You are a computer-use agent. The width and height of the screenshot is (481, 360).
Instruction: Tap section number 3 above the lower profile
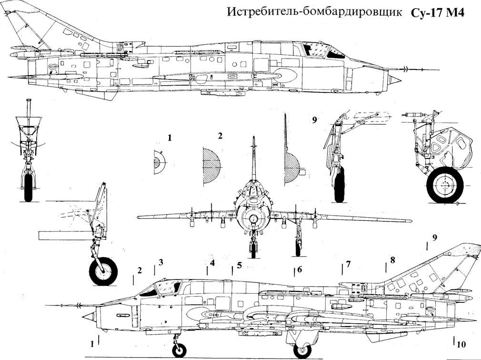[x=161, y=262]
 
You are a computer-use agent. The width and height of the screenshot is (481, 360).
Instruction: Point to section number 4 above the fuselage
[x=212, y=263]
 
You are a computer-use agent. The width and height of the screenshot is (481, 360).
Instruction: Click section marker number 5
[x=239, y=265]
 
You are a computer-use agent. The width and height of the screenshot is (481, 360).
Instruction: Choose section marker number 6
[x=300, y=269]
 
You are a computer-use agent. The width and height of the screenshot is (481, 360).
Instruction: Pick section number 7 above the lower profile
[x=348, y=264]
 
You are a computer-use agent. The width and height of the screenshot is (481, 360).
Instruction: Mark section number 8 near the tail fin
[x=392, y=260]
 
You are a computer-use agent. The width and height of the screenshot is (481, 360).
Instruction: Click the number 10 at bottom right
[x=461, y=344]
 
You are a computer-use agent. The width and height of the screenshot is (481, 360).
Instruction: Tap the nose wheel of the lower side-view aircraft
[x=179, y=350]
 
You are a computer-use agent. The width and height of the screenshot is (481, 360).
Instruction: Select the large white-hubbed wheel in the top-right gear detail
[x=445, y=185]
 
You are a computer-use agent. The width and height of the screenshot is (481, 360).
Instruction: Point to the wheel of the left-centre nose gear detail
[x=103, y=271]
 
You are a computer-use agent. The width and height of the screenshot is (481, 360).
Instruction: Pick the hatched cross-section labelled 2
[x=211, y=167]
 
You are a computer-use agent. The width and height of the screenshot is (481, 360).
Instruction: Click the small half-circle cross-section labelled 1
[x=160, y=162]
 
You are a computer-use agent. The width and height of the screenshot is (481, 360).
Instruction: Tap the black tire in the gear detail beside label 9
[x=339, y=184]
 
